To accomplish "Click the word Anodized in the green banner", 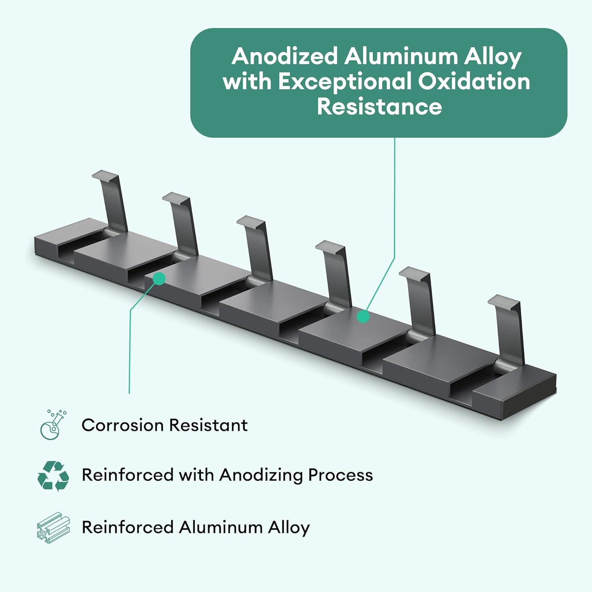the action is [x=285, y=56].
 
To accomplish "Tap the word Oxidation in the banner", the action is [x=474, y=81].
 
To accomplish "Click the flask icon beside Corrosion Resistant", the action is [x=53, y=424].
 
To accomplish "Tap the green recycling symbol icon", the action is [x=53, y=476].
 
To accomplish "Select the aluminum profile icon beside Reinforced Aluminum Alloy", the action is [x=53, y=528].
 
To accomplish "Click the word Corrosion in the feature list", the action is [x=123, y=425].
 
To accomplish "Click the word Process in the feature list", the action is [x=341, y=475].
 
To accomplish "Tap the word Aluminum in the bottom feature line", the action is [x=221, y=527].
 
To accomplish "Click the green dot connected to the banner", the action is [x=363, y=317].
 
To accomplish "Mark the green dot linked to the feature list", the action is [x=159, y=279].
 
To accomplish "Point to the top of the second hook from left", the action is [x=176, y=198].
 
